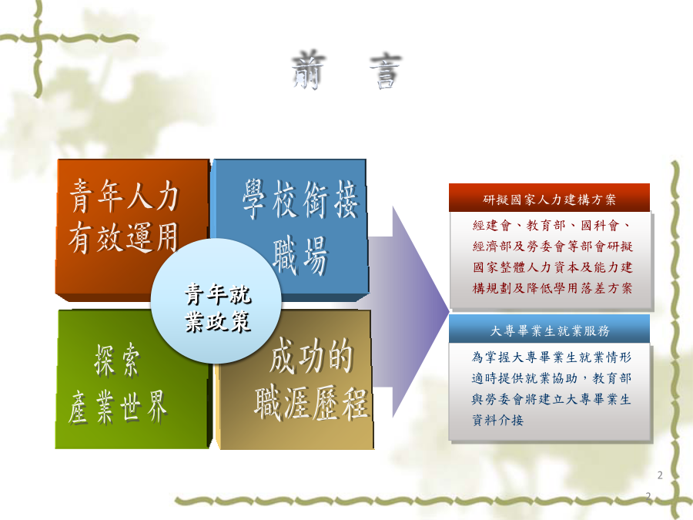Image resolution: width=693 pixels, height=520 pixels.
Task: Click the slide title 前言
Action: (346, 71)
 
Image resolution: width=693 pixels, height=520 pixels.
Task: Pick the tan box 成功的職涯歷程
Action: (310, 398)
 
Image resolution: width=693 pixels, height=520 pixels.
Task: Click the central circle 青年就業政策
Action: (216, 301)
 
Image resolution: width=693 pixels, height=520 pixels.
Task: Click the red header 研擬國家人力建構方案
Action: (549, 198)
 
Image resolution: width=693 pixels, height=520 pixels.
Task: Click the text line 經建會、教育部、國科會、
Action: (551, 226)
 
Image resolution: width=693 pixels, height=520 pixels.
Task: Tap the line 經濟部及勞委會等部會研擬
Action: (552, 247)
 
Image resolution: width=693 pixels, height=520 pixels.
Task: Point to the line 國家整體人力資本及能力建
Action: (552, 267)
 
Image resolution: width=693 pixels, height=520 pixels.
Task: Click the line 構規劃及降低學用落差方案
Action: (552, 288)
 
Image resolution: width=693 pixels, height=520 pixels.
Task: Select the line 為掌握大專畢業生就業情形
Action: (551, 357)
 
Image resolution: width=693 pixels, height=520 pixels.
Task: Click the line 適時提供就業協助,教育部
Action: (551, 378)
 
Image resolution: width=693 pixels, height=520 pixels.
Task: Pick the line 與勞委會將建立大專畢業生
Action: (551, 399)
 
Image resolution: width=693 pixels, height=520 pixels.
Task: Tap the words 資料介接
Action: (497, 420)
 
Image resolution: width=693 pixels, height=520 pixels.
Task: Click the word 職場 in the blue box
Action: (300, 256)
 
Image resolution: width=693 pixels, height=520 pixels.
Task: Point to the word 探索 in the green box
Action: (118, 361)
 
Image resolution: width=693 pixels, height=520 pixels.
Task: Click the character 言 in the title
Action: (386, 72)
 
